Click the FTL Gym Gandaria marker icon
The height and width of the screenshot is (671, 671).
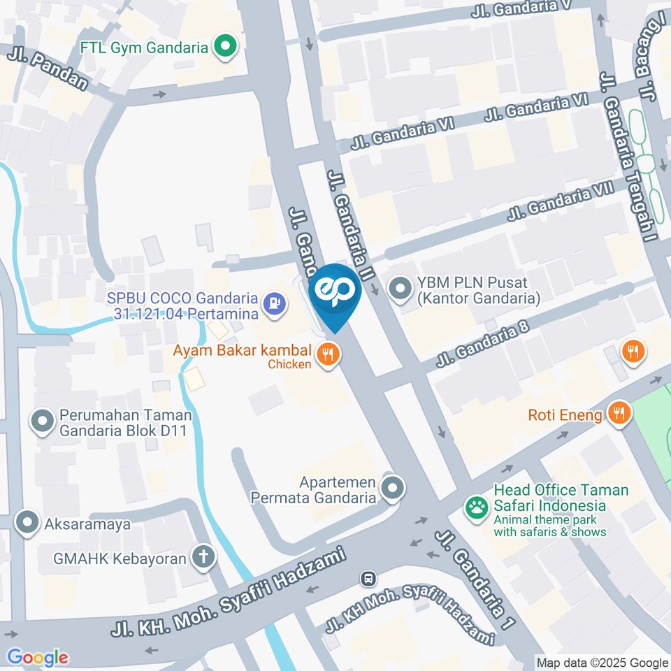tap(226, 48)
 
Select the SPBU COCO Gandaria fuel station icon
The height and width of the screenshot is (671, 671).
tap(273, 303)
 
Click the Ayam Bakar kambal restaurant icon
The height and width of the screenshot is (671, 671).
tap(328, 355)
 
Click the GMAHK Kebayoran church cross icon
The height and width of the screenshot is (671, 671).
tap(205, 557)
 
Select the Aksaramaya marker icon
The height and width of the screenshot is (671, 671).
tap(27, 522)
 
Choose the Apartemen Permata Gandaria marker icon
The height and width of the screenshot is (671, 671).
tap(393, 489)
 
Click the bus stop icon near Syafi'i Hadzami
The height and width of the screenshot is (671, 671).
tap(368, 579)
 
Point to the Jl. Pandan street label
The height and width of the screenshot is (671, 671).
tap(48, 68)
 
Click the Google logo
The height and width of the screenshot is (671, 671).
tap(37, 657)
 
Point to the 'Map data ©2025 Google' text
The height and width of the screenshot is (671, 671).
tap(602, 663)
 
